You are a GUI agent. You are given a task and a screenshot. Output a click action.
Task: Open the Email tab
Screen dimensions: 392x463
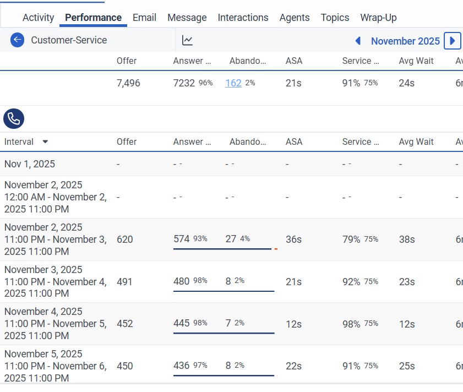144,18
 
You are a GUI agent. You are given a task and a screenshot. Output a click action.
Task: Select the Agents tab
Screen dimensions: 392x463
294,18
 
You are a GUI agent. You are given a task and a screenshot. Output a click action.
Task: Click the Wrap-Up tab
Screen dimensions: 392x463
378,18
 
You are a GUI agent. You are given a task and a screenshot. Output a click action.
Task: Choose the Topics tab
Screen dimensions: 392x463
335,18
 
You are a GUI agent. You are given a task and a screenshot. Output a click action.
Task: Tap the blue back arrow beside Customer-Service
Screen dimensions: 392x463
18,40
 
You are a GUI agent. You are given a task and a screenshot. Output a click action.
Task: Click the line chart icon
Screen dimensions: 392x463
187,40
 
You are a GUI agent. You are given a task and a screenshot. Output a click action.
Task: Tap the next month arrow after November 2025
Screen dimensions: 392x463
452,41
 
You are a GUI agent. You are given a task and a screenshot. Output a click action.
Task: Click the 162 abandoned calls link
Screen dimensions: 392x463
233,83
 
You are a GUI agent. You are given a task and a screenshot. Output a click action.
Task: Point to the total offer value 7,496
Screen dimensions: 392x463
128,83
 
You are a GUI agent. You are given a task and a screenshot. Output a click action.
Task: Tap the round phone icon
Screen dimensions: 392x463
14,118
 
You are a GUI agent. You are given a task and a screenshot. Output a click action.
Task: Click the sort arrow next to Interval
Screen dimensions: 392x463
45,141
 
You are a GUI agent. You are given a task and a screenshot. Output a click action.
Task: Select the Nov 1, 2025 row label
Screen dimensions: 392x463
30,164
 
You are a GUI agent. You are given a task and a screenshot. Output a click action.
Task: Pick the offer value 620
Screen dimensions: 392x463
125,239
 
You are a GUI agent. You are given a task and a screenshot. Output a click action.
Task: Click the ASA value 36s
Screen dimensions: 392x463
293,239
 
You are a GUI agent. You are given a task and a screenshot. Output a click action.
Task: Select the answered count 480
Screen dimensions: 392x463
181,281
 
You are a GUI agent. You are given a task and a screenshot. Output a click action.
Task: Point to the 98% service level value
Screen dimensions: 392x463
351,324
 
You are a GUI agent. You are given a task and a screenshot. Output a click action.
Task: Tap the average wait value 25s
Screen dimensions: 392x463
407,366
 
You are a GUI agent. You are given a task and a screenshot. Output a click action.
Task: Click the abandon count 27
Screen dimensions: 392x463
231,239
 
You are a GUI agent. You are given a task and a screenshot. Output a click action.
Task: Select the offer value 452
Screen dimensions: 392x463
125,324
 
